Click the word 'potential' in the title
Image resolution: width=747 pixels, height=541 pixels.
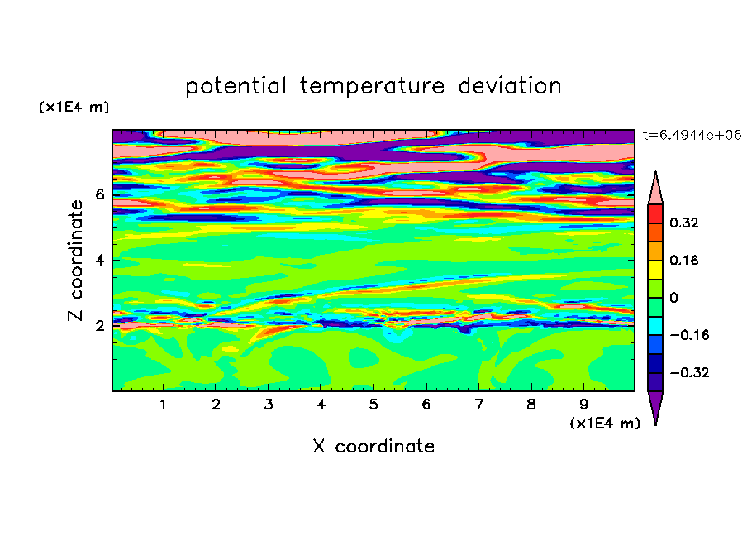tap(236, 87)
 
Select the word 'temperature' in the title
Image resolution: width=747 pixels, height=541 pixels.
tap(372, 87)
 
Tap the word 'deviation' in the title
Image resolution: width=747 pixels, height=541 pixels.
tap(509, 86)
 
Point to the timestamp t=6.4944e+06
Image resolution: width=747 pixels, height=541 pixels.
tap(692, 135)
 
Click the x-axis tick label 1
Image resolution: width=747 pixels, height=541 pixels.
tap(164, 405)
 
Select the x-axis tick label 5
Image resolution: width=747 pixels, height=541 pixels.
tap(373, 405)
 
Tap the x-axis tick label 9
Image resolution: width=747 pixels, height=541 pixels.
tap(583, 405)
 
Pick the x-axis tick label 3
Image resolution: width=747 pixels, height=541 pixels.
tap(269, 405)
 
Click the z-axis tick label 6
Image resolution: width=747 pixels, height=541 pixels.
tap(99, 194)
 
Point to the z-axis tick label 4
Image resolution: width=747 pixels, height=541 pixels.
tap(99, 260)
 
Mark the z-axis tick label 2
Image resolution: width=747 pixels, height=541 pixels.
tap(99, 326)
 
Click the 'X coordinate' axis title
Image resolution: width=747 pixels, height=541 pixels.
tap(373, 446)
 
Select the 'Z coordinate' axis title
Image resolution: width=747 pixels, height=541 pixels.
tap(76, 260)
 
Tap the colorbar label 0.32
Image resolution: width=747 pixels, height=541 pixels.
tap(683, 223)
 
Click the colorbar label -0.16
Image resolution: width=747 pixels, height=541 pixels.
tap(689, 335)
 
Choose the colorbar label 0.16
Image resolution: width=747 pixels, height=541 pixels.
tap(683, 260)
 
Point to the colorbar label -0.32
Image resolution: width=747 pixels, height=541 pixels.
tap(689, 372)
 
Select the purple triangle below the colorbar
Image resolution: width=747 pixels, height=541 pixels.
tap(655, 405)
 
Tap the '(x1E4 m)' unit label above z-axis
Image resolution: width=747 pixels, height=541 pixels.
tap(74, 107)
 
